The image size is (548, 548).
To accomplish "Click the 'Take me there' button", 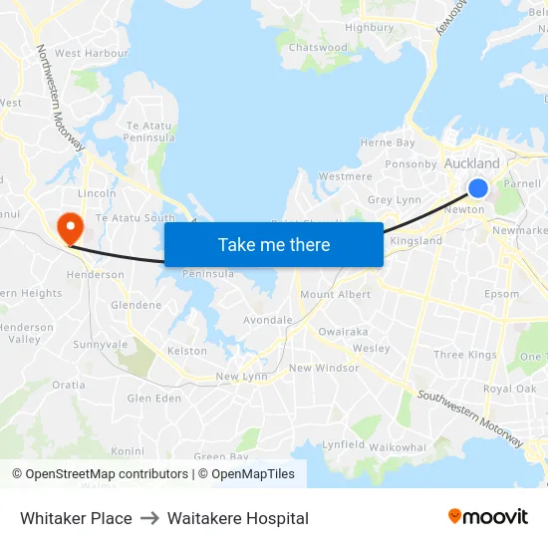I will [274, 244].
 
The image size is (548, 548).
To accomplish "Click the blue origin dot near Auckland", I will [478, 187].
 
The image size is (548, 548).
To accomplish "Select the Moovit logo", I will [487, 517].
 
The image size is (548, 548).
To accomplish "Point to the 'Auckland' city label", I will [471, 163].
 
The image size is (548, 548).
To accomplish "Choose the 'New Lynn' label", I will [240, 377].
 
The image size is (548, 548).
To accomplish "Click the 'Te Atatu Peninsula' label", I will [149, 132].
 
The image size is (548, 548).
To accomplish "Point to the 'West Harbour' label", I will [92, 53].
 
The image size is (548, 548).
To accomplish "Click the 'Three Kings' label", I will [464, 355].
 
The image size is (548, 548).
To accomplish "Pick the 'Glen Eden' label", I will [153, 399].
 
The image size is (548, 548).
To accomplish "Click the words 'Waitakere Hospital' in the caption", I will [238, 518].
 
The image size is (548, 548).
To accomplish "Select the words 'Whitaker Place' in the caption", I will [76, 518].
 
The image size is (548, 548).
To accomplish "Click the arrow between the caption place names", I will [149, 518].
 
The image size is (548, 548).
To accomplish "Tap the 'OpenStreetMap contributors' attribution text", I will [107, 474].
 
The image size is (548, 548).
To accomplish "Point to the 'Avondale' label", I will [268, 321].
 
